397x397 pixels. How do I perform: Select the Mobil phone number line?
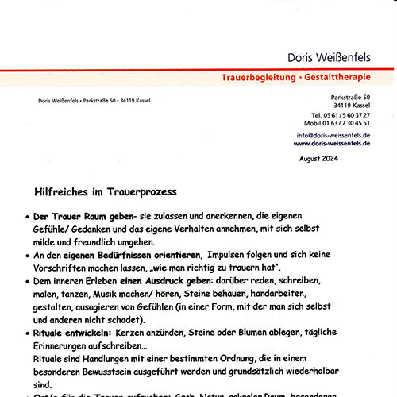tap(349, 124)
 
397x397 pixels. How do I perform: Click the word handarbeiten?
tap(334, 293)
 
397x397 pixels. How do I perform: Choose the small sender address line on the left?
tap(94, 100)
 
